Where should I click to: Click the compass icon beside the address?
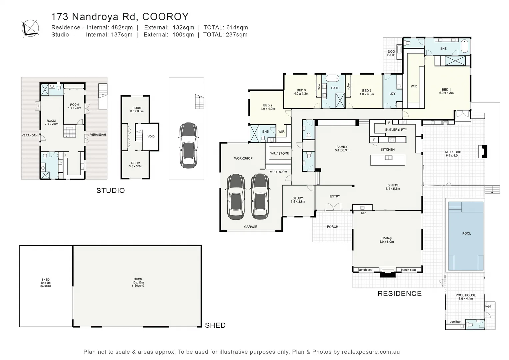pyautogui.click(x=30, y=27)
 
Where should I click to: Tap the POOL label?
pyautogui.click(x=466, y=233)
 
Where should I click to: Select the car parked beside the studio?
pyautogui.click(x=188, y=145)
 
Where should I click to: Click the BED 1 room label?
pyautogui.click(x=446, y=91)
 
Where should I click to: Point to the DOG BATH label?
pyautogui.click(x=391, y=53)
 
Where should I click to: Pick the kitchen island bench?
pyautogui.click(x=388, y=160)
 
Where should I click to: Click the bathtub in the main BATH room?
pyautogui.click(x=332, y=79)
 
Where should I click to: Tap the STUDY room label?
pyautogui.click(x=298, y=200)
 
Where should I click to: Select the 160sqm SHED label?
pyautogui.click(x=138, y=282)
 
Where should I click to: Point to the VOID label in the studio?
pyautogui.click(x=151, y=136)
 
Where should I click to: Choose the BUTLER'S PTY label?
pyautogui.click(x=396, y=130)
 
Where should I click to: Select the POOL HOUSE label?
pyautogui.click(x=465, y=297)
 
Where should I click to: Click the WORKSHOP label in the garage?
pyautogui.click(x=243, y=158)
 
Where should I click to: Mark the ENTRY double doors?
pyautogui.click(x=333, y=207)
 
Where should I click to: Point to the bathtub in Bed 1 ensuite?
pyautogui.click(x=464, y=47)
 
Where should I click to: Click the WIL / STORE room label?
pyautogui.click(x=279, y=153)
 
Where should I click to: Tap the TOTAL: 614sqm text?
pyautogui.click(x=225, y=27)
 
